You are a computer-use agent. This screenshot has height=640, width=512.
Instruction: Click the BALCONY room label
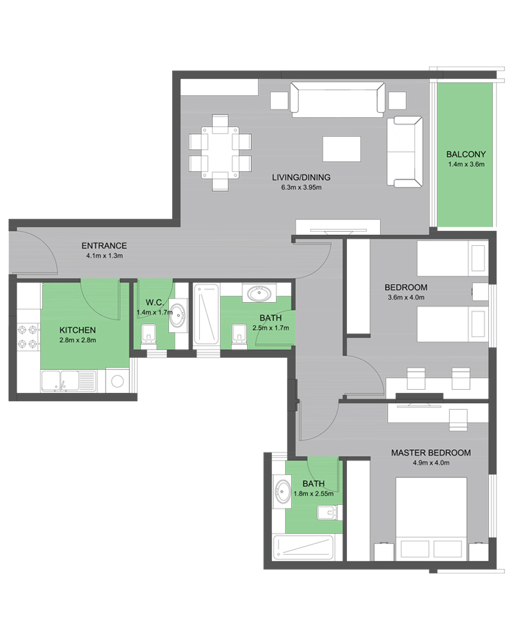(466, 154)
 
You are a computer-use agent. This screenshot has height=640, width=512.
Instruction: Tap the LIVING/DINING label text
(301, 177)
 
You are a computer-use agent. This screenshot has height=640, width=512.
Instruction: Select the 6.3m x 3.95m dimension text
(301, 188)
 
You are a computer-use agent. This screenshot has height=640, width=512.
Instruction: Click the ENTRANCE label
(104, 246)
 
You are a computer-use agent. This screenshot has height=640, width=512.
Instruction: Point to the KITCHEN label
(77, 330)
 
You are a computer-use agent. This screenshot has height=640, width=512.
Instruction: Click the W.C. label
(155, 303)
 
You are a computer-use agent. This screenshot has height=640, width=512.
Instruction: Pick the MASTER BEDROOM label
(431, 452)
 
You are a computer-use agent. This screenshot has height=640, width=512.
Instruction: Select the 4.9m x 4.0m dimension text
(431, 463)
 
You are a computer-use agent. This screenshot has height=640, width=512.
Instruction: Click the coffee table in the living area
(342, 149)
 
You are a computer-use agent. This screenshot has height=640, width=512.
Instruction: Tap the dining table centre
(220, 153)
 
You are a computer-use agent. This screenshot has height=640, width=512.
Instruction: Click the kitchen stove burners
(28, 337)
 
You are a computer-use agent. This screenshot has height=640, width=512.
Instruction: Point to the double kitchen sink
(60, 381)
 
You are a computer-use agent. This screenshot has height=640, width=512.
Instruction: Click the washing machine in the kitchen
(118, 381)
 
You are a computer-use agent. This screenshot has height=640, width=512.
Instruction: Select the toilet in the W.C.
(148, 337)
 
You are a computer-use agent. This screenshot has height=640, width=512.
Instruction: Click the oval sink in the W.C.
(178, 315)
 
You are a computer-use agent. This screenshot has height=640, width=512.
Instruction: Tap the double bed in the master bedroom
(431, 519)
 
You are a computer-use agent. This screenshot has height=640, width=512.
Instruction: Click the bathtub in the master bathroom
(303, 547)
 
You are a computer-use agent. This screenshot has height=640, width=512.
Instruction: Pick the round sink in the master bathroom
(282, 492)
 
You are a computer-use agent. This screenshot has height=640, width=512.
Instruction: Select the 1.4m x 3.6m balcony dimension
(466, 164)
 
